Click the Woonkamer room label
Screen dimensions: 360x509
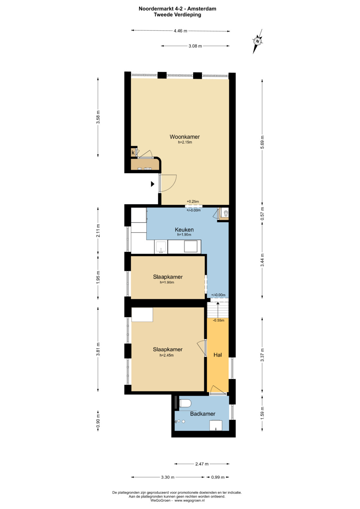click(185, 137)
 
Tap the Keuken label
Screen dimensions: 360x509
click(184, 230)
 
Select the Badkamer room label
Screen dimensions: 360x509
click(203, 414)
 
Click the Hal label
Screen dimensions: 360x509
click(217, 355)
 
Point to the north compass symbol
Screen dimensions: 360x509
click(257, 41)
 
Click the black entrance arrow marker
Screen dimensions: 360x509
click(153, 184)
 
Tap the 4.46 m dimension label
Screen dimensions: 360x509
click(180, 31)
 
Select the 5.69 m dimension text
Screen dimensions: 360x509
click(262, 142)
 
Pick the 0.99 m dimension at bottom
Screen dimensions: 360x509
click(218, 477)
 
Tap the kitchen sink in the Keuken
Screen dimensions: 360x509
click(161, 247)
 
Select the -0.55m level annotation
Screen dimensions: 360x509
click(218, 320)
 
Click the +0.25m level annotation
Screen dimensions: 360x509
click(193, 201)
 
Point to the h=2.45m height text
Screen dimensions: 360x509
click(167, 355)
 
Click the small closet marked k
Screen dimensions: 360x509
click(133, 152)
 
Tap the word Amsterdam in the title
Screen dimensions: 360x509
click(202, 9)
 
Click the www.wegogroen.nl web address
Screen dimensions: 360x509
click(190, 500)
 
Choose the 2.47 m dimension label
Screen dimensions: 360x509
click(202, 464)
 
